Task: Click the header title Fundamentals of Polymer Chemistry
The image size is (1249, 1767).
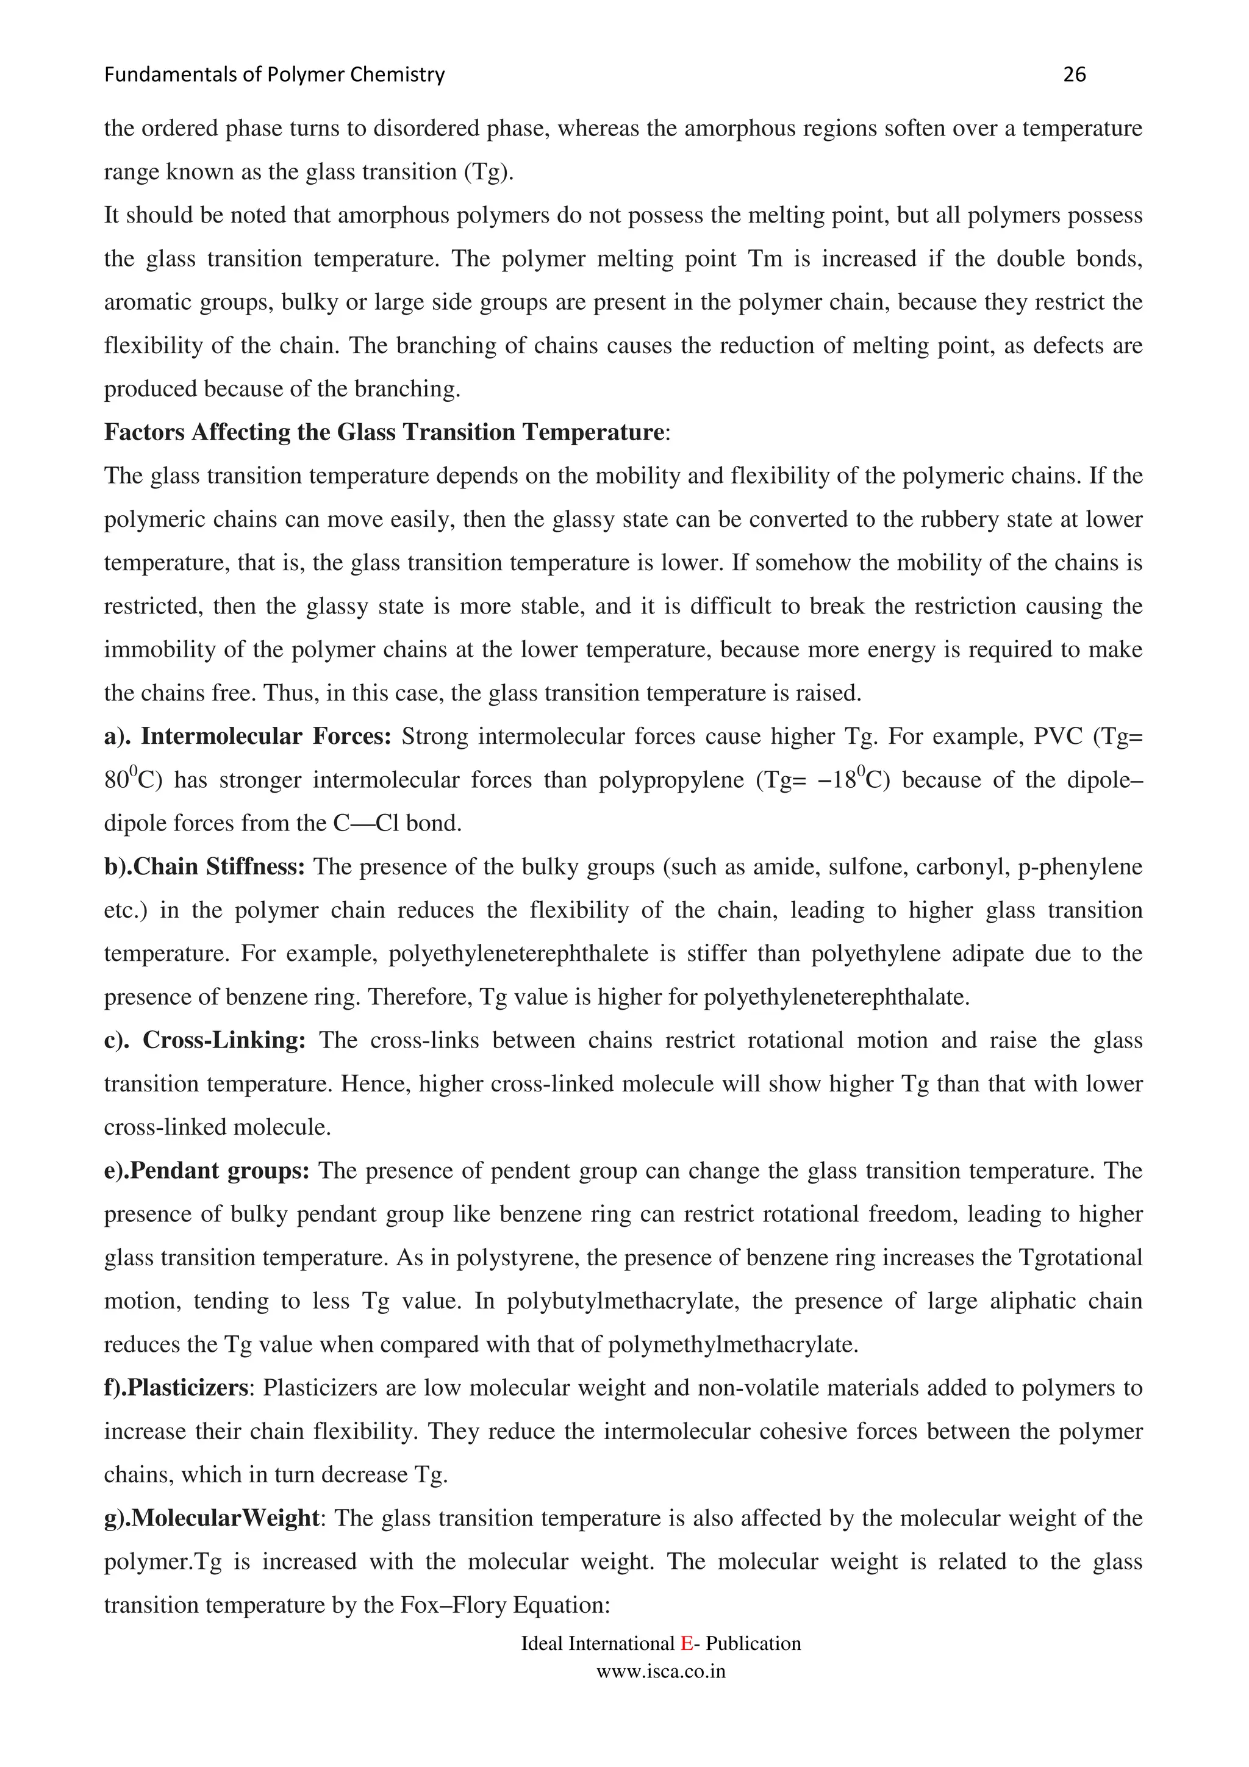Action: pyautogui.click(x=274, y=74)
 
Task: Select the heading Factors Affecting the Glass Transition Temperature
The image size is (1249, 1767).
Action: pyautogui.click(x=383, y=432)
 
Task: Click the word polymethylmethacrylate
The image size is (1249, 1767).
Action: pyautogui.click(x=732, y=1344)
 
